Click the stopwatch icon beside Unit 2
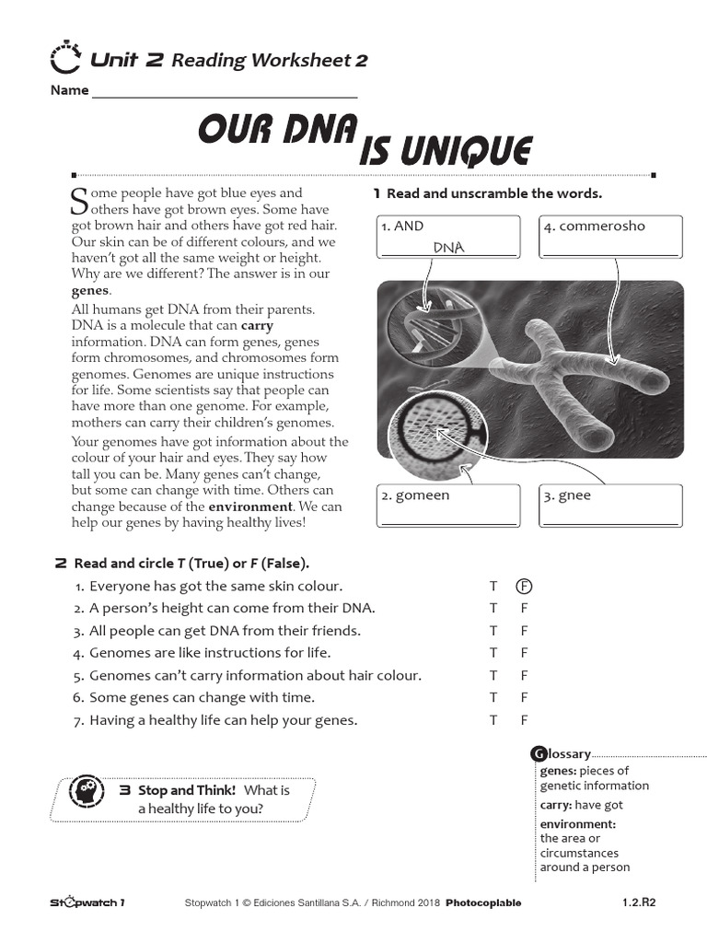(x=65, y=58)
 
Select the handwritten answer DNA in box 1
(x=448, y=248)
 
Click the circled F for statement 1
(x=524, y=587)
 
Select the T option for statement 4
(x=493, y=653)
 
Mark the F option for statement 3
(x=524, y=631)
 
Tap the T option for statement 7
(x=493, y=720)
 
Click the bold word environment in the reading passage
(x=250, y=507)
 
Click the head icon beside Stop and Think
(x=86, y=789)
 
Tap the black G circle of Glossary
(x=539, y=754)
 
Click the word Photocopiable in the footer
(x=483, y=903)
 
